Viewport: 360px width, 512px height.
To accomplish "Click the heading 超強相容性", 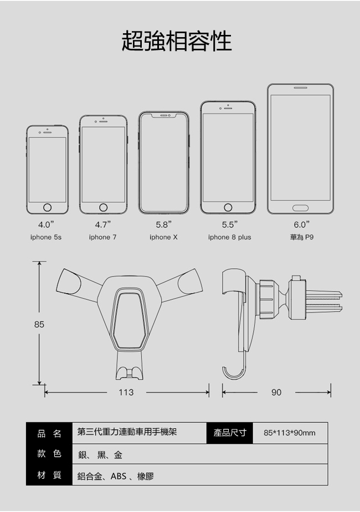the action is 177,42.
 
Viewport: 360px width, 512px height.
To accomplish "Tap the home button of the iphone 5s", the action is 47,207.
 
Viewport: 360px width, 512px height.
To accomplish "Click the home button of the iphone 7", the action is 103,207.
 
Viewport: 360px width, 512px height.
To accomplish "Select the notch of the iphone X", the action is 164,116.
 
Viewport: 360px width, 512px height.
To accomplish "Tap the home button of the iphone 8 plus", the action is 228,207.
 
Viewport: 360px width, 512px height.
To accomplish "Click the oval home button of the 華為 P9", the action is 300,208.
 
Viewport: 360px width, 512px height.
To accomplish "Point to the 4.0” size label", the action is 46,224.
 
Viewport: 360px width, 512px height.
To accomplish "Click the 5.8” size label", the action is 164,224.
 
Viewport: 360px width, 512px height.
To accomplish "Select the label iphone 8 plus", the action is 230,237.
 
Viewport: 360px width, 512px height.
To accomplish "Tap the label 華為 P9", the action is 302,237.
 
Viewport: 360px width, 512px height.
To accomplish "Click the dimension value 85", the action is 39,324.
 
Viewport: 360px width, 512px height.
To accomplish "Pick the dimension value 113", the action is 126,392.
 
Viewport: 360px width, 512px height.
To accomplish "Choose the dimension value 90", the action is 276,392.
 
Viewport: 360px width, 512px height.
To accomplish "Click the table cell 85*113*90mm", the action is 290,433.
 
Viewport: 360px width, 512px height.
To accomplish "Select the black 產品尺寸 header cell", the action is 230,433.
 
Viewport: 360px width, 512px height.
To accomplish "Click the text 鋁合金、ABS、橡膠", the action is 116,477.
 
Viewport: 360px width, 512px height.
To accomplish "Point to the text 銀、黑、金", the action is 100,455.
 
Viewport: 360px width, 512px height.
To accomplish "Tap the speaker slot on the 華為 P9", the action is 300,88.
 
